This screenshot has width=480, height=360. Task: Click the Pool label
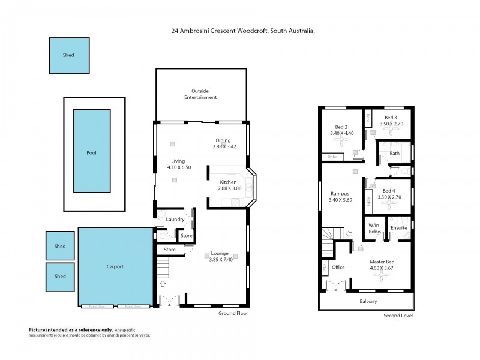(x=92, y=153)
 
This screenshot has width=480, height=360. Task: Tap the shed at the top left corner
(x=69, y=55)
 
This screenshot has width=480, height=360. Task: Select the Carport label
(x=115, y=266)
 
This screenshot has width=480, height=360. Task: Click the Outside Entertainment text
(x=200, y=94)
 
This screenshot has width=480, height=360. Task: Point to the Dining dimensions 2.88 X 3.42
(x=224, y=146)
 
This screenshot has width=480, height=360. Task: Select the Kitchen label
(x=228, y=182)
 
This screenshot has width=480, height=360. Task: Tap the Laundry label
(x=175, y=220)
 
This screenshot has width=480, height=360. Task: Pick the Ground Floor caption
(x=234, y=313)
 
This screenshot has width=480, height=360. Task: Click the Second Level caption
(x=398, y=316)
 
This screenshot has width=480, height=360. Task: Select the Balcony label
(x=367, y=301)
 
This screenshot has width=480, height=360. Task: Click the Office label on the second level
(x=338, y=268)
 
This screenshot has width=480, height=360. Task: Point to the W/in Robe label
(x=374, y=228)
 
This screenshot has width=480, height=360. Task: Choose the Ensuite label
(x=398, y=228)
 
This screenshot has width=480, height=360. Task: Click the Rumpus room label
(x=340, y=194)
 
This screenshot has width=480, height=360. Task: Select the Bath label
(x=394, y=153)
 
